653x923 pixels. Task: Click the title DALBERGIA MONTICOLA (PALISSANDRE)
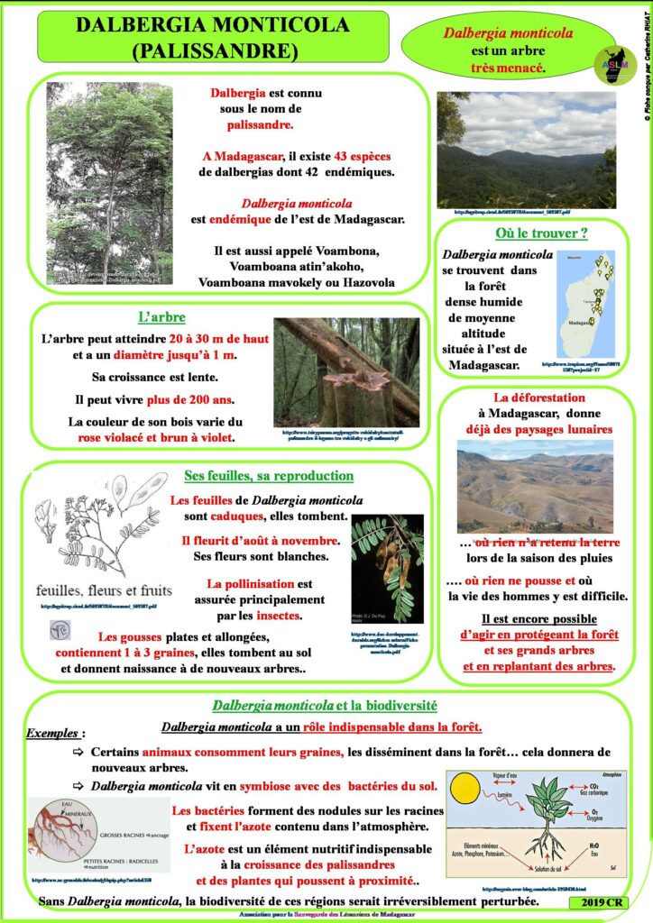point(213,37)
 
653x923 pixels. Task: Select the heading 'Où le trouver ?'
point(541,233)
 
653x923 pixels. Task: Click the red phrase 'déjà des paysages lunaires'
point(539,429)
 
